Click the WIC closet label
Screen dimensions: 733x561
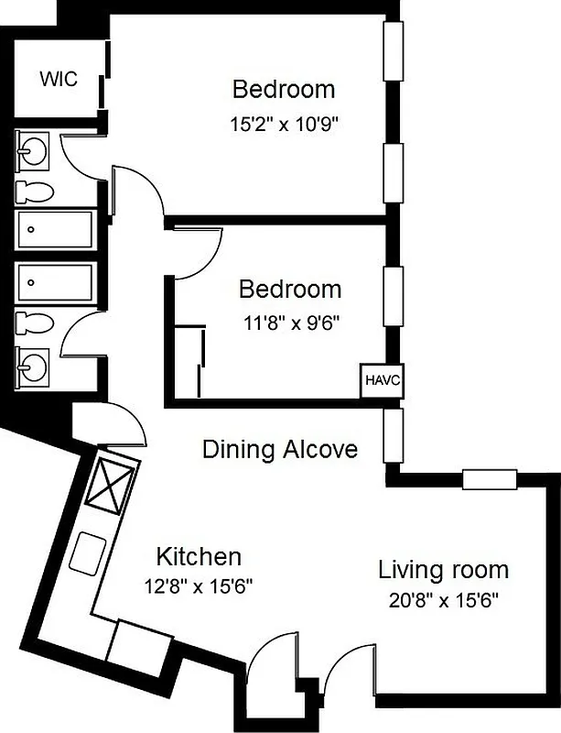[58, 79]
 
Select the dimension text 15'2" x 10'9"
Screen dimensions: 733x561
[284, 122]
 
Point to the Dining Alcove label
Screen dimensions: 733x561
[279, 450]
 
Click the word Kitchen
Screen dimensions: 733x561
[199, 556]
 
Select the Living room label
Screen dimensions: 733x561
[443, 570]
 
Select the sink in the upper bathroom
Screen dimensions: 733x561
[36, 148]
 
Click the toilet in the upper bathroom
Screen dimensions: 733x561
[36, 191]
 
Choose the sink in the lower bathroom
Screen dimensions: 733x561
[36, 366]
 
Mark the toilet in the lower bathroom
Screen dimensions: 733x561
[36, 324]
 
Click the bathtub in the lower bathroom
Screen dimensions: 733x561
[56, 281]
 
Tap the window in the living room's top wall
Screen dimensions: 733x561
[491, 477]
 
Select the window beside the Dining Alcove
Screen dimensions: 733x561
[393, 437]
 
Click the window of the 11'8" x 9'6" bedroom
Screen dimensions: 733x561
[393, 297]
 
